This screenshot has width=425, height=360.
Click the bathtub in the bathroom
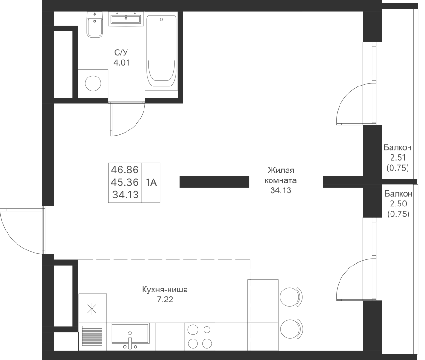161,52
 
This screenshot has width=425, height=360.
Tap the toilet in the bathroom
95,25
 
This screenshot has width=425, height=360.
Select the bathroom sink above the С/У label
126,19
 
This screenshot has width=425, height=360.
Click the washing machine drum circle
93,84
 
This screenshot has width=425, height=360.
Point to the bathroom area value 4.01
122,63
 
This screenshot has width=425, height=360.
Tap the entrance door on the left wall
22,231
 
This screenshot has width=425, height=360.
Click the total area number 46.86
125,170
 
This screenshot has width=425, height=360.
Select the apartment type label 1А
151,182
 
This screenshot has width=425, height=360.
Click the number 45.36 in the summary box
125,182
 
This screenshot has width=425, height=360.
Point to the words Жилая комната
280,175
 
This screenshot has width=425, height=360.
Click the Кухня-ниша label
165,290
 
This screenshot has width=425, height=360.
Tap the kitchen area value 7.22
165,300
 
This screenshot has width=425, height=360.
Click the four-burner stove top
200,336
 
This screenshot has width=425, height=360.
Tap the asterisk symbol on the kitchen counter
92,309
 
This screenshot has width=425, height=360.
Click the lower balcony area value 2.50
398,203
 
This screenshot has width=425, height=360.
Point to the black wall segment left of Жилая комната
214,181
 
